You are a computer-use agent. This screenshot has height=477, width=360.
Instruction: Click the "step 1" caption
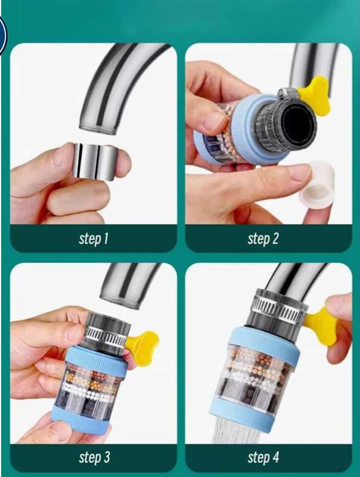(94, 238)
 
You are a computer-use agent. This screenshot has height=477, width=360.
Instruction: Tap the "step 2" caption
(263, 238)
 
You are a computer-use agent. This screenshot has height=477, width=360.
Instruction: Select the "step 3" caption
(94, 457)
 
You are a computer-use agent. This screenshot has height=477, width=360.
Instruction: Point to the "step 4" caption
(263, 457)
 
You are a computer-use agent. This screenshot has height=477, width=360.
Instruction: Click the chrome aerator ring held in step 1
(95, 160)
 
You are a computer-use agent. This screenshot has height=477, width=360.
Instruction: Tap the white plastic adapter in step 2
(317, 185)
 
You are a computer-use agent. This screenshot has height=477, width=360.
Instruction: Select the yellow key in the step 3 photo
(142, 344)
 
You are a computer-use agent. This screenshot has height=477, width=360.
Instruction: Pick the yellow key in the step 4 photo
(320, 326)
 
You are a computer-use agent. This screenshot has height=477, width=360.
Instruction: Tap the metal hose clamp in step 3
(105, 337)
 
